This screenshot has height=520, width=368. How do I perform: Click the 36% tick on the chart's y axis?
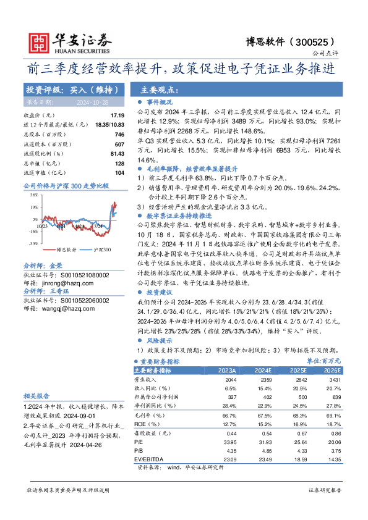point(33,194)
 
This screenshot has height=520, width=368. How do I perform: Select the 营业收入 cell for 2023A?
point(210,379)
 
